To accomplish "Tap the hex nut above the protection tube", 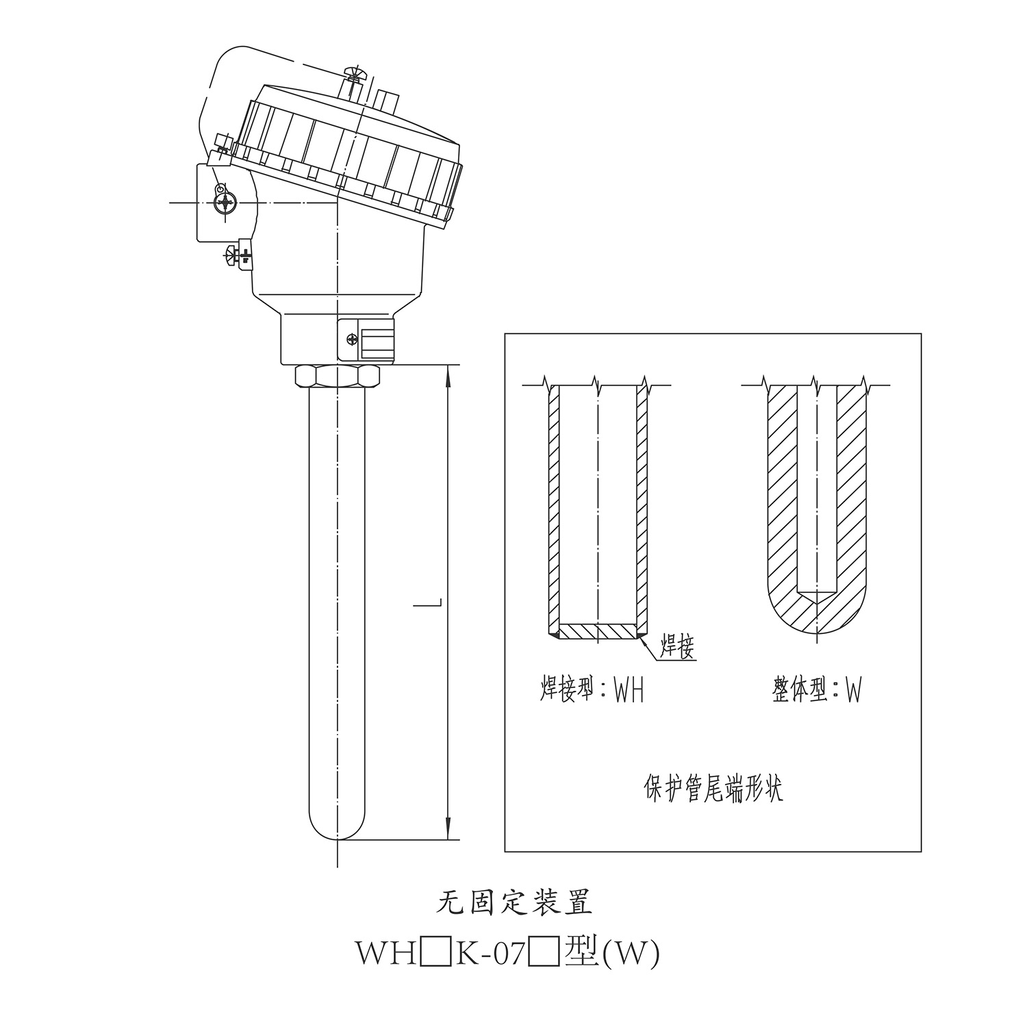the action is coord(337,376).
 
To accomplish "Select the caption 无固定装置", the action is coord(514,902).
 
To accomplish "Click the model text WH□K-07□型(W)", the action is coord(507,953).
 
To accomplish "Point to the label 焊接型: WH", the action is coord(592,689).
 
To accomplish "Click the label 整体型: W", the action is coord(816,689).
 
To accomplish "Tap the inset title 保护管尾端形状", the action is coord(713,789).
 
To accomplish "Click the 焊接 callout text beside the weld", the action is coord(676,646).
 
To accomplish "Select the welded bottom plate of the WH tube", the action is coord(598,631).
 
